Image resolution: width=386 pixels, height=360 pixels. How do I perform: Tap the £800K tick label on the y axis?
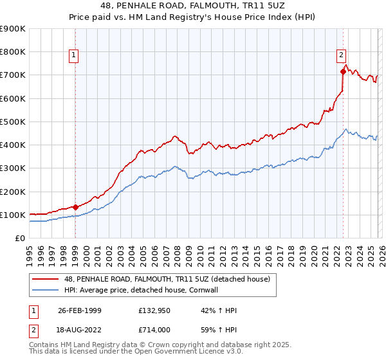[13, 51]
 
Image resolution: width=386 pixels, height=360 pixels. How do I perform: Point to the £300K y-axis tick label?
[13, 168]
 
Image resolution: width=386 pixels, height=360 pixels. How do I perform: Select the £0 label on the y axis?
[19, 239]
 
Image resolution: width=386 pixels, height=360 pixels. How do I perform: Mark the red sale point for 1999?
[75, 207]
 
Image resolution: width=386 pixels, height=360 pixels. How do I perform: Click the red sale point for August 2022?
[343, 71]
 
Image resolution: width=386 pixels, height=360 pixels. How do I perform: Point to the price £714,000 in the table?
[154, 328]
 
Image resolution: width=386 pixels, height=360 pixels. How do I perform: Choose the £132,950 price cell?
[154, 310]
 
